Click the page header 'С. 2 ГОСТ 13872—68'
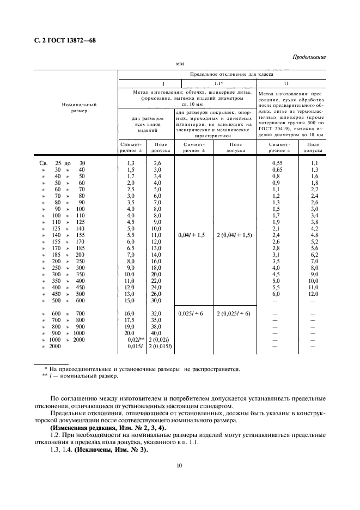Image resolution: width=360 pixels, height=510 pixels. point(61,40)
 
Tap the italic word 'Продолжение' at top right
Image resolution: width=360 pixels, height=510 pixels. point(309,57)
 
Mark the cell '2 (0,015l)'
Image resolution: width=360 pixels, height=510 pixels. point(157,347)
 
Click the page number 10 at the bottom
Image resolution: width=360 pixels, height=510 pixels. point(179,465)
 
